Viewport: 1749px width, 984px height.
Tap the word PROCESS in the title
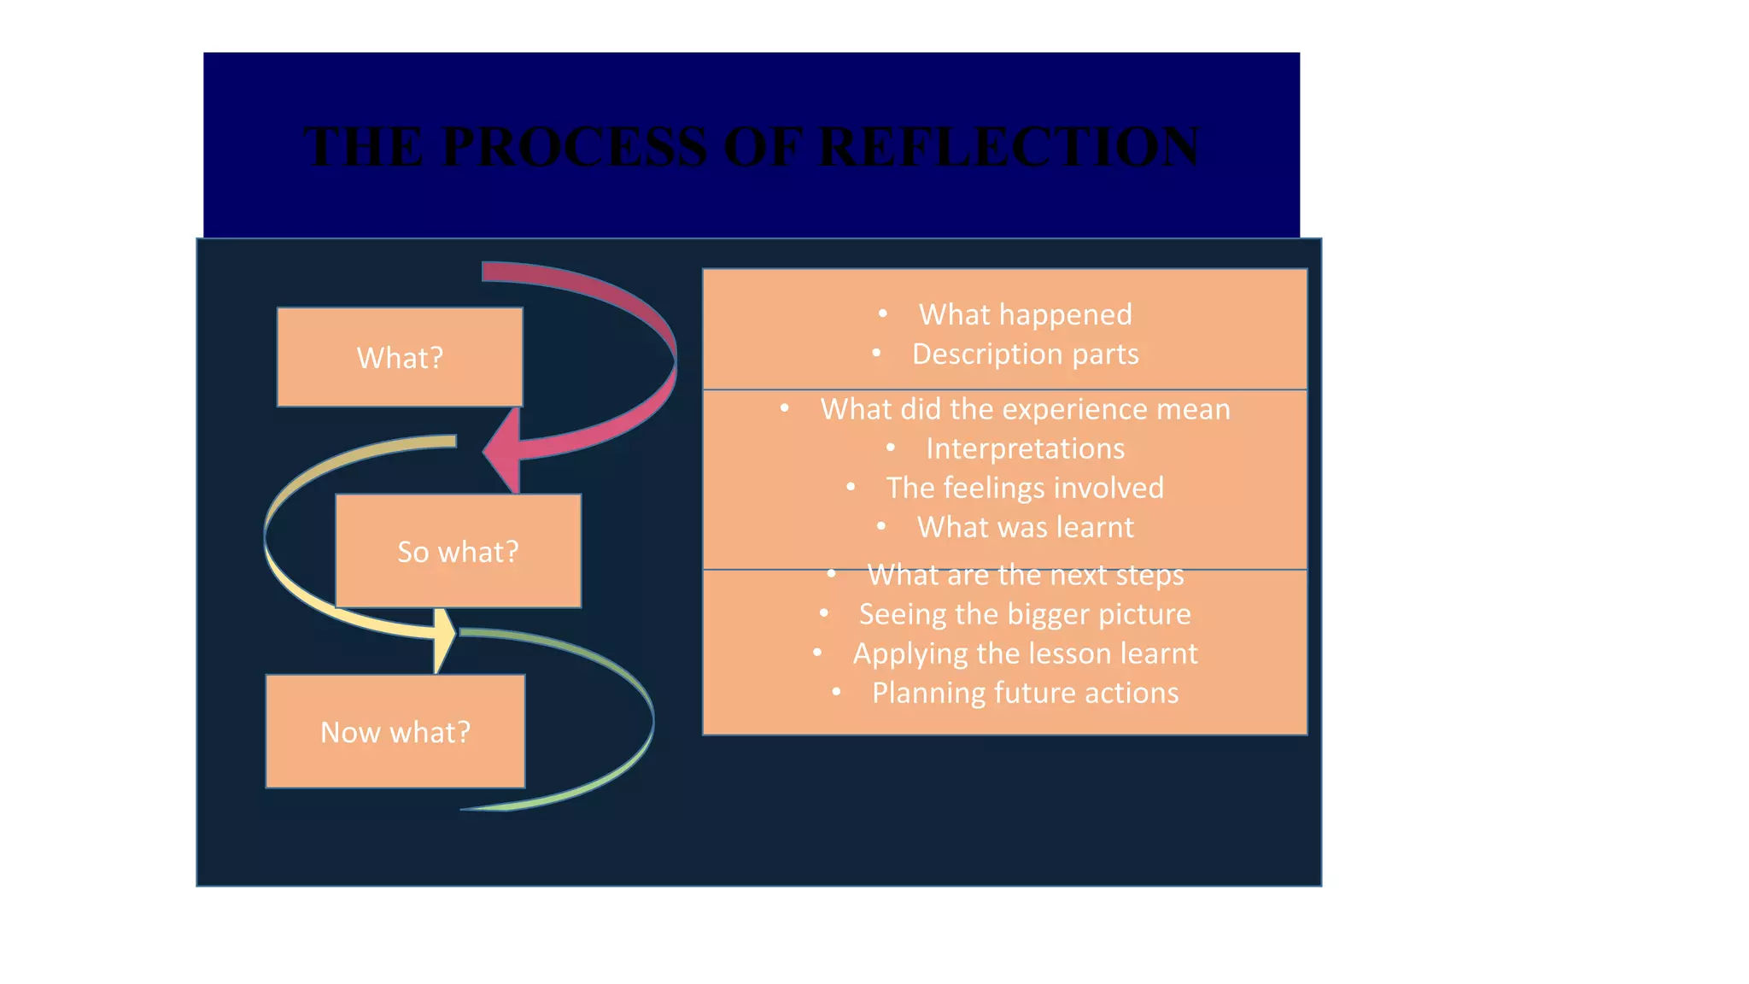click(574, 146)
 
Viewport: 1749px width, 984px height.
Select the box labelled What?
click(400, 357)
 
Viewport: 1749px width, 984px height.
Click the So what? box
click(458, 551)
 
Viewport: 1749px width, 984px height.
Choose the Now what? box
click(395, 732)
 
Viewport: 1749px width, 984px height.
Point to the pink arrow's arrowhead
click(504, 449)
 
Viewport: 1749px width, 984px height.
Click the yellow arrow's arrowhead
click(444, 639)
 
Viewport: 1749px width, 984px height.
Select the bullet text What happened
click(1025, 314)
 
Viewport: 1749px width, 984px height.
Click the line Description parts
click(1025, 354)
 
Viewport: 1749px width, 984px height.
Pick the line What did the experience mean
click(1025, 409)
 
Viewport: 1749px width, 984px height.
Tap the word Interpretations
click(1025, 448)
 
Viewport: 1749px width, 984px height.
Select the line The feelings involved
click(1025, 488)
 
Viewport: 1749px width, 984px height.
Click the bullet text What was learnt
click(1025, 527)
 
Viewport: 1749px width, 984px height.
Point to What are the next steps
click(1025, 575)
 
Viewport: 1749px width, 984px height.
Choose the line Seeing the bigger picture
click(1025, 614)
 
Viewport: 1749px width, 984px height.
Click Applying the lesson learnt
click(1025, 653)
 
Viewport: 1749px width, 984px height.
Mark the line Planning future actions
click(1025, 693)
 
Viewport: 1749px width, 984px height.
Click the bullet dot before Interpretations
click(891, 448)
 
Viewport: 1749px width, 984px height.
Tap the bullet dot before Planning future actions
click(837, 692)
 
